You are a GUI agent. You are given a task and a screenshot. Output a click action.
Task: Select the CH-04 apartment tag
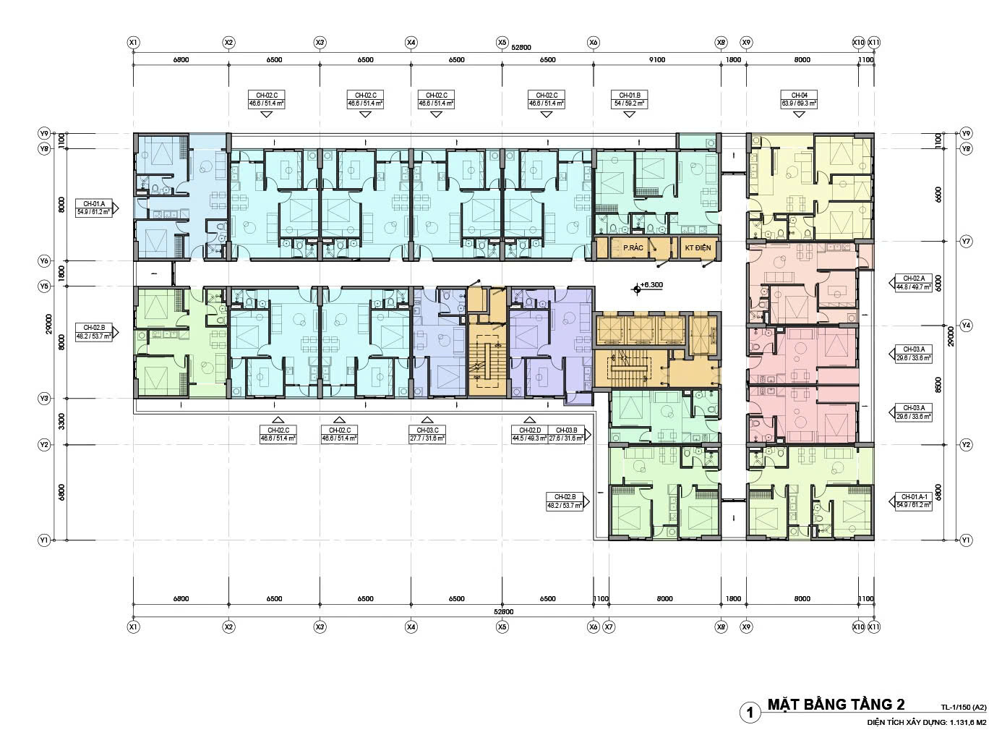pyautogui.click(x=799, y=100)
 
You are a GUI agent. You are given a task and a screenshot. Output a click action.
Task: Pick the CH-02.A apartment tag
pyautogui.click(x=915, y=282)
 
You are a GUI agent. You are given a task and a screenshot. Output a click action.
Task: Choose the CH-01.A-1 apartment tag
pyautogui.click(x=915, y=500)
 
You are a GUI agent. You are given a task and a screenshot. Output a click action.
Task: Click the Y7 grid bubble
pyautogui.click(x=966, y=240)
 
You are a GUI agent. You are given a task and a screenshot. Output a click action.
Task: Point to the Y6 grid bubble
pyautogui.click(x=44, y=260)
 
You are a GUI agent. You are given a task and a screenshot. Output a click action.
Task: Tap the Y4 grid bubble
pyautogui.click(x=966, y=326)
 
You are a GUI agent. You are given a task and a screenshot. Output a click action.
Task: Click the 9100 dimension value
pyautogui.click(x=657, y=60)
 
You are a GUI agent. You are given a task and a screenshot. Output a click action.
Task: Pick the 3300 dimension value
pyautogui.click(x=62, y=422)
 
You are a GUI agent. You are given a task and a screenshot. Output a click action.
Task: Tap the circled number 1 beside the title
pyautogui.click(x=750, y=713)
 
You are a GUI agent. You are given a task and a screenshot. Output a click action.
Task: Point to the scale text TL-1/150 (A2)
pyautogui.click(x=964, y=708)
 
